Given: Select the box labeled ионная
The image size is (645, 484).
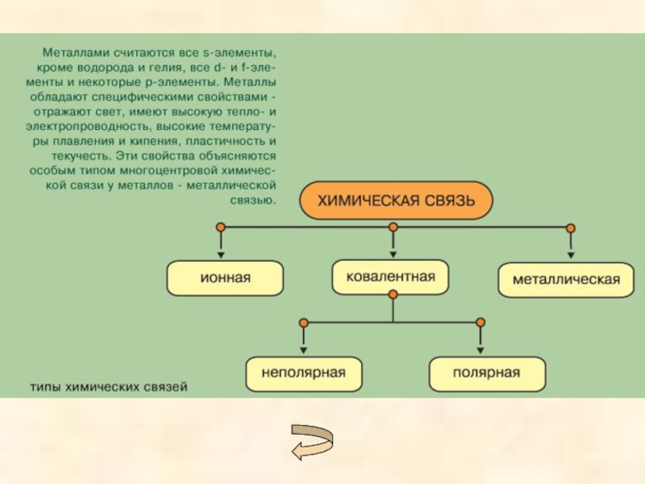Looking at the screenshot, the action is click(225, 277).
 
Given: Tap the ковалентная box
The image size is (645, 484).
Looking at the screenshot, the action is click(390, 277).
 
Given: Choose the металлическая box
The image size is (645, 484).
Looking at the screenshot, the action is click(566, 280).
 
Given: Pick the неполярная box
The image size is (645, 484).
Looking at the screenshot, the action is click(303, 373).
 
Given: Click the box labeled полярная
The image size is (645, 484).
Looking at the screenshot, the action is click(486, 373).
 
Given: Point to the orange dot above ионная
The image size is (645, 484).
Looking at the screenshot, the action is click(218, 227).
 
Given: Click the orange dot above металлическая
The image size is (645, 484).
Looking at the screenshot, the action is click(571, 227).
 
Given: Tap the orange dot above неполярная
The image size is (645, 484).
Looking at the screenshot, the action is click(303, 323).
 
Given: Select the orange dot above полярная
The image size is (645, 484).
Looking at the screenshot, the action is click(481, 323).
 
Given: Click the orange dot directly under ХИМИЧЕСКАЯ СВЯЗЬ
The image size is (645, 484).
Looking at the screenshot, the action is click(393, 227).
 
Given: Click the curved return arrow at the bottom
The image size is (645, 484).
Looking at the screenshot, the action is click(312, 441).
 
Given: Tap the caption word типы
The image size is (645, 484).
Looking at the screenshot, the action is click(46, 387).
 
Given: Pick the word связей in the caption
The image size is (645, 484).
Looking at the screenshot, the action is click(167, 387).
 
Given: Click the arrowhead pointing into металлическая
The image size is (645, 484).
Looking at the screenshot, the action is click(571, 256).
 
